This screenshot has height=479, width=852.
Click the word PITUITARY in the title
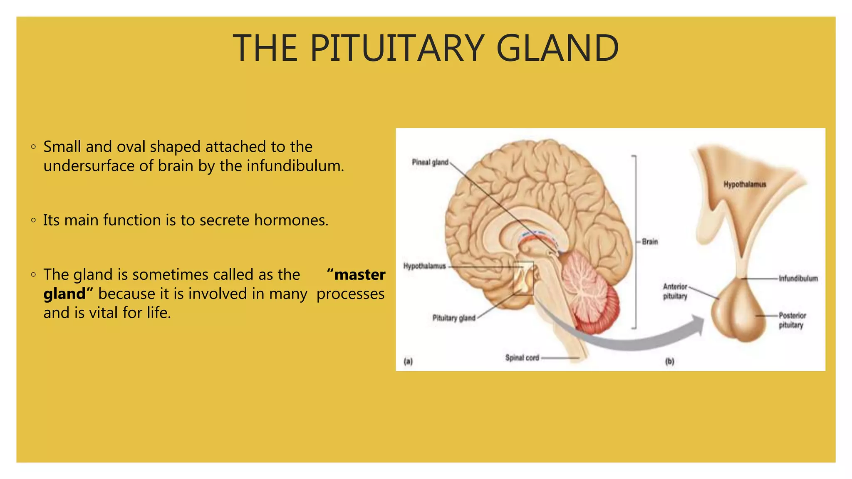pos(397,49)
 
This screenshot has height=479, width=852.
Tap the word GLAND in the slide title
pos(557,49)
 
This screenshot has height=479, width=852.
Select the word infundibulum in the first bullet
pos(295,166)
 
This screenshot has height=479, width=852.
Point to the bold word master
pos(359,275)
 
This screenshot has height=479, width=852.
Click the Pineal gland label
pos(430,162)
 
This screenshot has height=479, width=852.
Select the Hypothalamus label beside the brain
pos(424,266)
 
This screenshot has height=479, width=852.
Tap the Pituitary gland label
pos(453,318)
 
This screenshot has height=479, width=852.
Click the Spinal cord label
pos(522,358)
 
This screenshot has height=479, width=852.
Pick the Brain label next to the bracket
pos(650,242)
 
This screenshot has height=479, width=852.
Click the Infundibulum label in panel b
pos(798,278)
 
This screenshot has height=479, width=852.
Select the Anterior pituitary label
pos(675,291)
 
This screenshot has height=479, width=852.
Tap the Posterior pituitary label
pos(792,320)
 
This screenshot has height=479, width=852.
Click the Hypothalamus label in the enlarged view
pos(745,184)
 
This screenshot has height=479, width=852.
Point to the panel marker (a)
pos(408,361)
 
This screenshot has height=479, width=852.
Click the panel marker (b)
pos(669,361)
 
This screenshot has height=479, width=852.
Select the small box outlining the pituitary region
pos(523,278)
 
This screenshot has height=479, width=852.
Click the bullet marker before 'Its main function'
pos(33,220)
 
